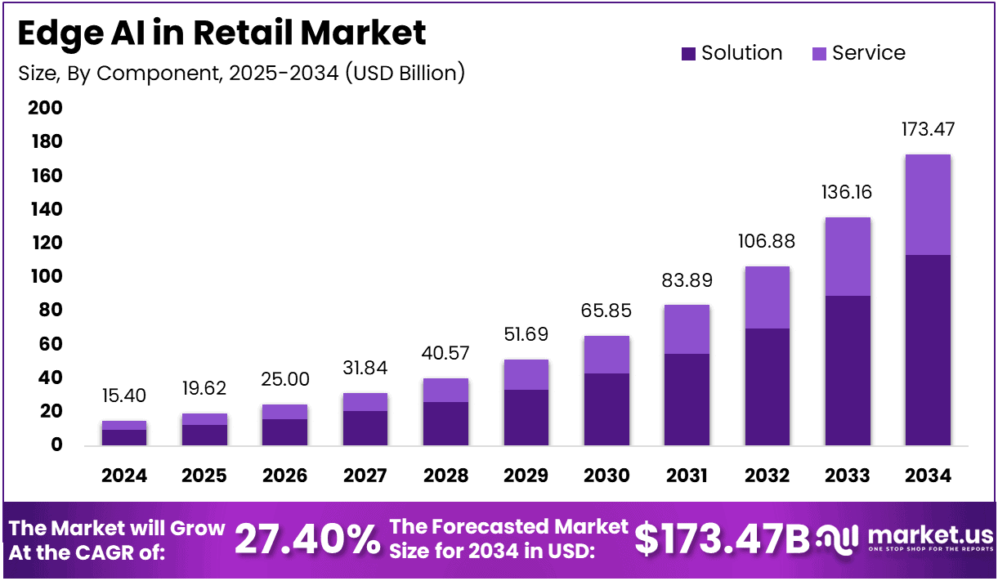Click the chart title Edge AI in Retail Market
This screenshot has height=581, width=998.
(222, 33)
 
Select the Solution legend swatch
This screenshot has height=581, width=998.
(688, 54)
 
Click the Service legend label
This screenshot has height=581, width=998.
(869, 53)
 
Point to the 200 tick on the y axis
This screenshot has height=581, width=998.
(46, 109)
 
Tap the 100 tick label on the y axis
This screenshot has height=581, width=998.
(46, 277)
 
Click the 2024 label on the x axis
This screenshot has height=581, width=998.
(123, 476)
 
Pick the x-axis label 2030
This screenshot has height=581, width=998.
(606, 476)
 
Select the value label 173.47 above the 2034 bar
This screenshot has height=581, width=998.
(927, 129)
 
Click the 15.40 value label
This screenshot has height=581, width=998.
(123, 396)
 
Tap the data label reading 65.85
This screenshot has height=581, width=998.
(606, 311)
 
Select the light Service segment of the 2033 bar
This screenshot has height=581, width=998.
(847, 257)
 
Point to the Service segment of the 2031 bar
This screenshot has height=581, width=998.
(686, 329)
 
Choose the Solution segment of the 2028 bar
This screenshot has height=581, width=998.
(445, 423)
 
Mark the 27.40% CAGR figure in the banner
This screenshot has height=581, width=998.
(307, 540)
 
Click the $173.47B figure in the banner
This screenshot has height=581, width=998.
(722, 539)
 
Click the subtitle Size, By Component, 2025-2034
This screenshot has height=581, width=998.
(241, 73)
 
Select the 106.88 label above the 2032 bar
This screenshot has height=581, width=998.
(766, 242)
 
